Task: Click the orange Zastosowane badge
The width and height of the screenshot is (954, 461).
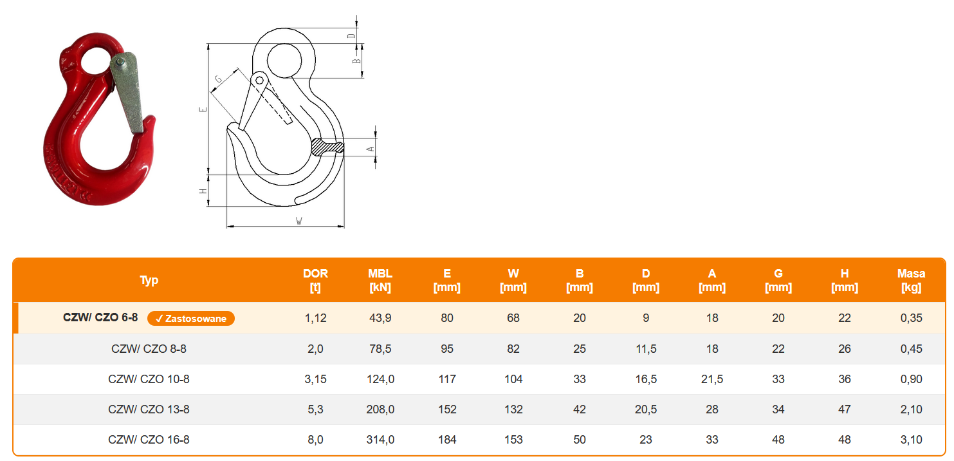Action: coord(191,319)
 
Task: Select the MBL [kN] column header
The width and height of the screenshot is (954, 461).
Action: coord(380,280)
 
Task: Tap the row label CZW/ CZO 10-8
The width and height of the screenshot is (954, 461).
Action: coord(149,379)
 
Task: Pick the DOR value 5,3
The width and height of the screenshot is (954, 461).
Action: coord(315,409)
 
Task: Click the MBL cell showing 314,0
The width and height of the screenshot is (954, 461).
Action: coord(380,440)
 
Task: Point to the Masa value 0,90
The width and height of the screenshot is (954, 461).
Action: coord(911,379)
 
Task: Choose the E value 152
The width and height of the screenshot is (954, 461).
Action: coord(447,409)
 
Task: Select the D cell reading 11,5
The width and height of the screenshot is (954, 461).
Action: coord(646,349)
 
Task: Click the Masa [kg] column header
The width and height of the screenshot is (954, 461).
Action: coord(911,280)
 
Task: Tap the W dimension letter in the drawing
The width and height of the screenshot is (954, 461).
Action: coord(299,221)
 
